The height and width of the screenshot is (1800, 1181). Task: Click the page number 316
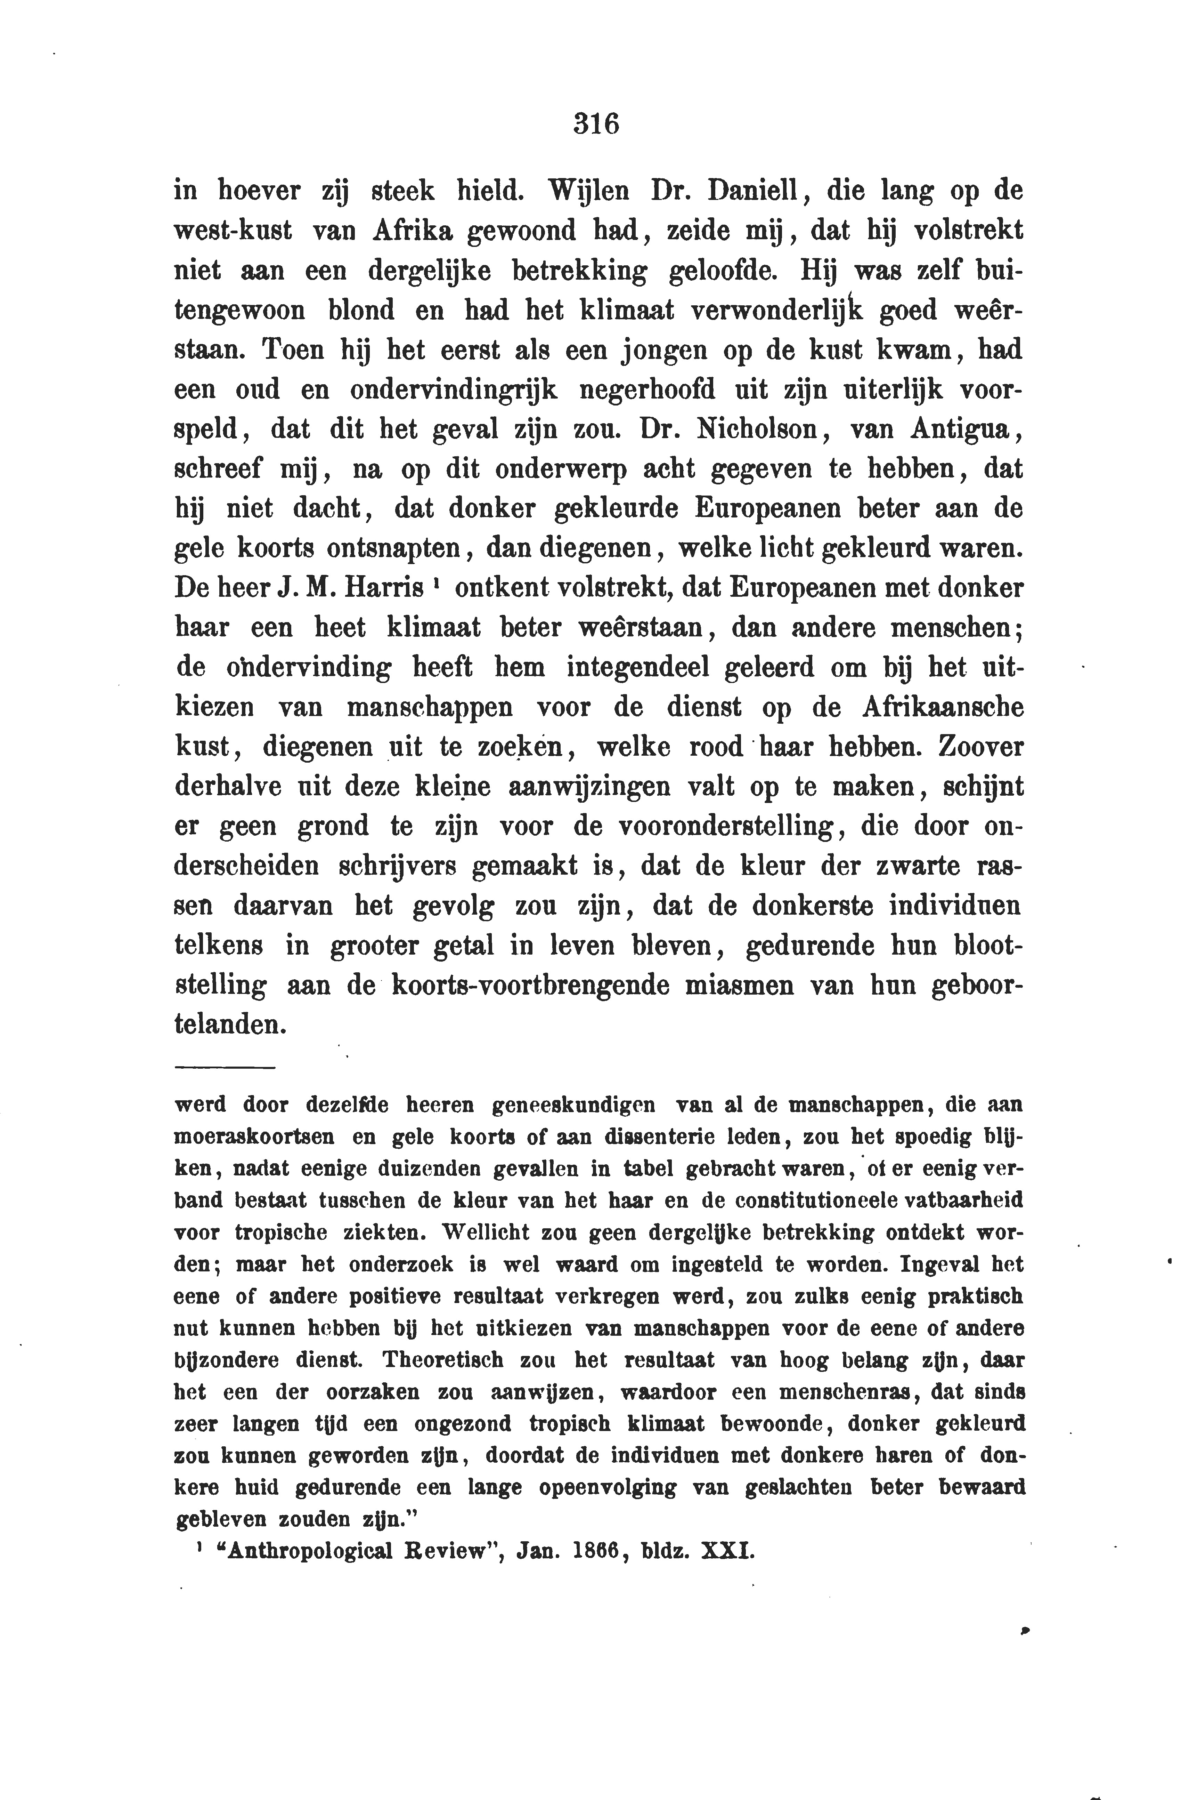coord(596,123)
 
